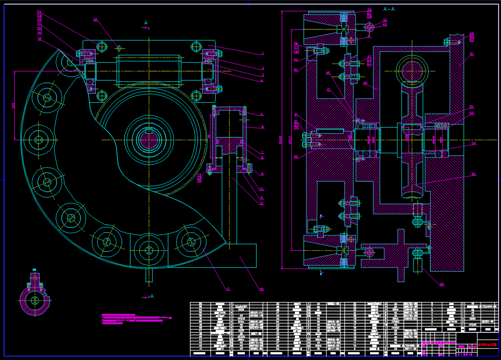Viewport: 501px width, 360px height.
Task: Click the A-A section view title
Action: click(389, 9)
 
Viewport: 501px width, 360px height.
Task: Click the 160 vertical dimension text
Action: click(13, 105)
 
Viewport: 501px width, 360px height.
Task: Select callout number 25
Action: click(96, 20)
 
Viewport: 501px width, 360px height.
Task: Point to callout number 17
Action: click(227, 289)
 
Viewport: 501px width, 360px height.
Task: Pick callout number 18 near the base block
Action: click(261, 289)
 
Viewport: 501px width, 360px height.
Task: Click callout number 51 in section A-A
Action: click(471, 54)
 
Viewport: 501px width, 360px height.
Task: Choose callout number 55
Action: click(474, 174)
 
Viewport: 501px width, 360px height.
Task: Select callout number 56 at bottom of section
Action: click(442, 285)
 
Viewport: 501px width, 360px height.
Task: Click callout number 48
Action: click(365, 83)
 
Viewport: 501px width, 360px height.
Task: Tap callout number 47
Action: click(329, 90)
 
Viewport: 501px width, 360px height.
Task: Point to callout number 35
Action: click(296, 157)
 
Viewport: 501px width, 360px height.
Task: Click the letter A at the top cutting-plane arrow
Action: click(146, 23)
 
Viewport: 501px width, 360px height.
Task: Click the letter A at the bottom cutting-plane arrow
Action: click(152, 296)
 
